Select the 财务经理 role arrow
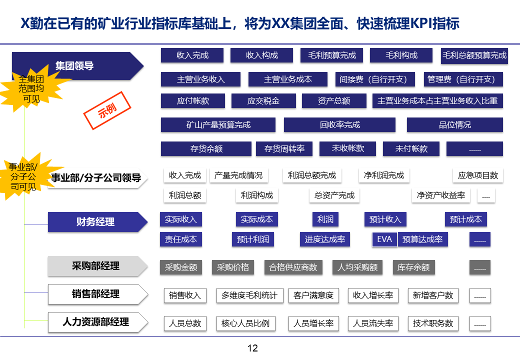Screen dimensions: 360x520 tap(95, 222)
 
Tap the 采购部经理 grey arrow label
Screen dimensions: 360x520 tap(95, 266)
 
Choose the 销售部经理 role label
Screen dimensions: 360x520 tap(95, 294)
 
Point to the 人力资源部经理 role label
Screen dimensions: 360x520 tap(95, 322)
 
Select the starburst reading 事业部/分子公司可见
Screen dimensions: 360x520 tap(23, 177)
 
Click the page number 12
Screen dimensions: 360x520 tap(253, 348)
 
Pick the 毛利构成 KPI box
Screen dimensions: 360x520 tap(401, 55)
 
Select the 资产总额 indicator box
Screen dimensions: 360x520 tap(334, 101)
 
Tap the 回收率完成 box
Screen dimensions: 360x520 tap(339, 125)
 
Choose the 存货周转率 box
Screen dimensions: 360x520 tap(284, 149)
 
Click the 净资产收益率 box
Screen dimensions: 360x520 tap(441, 195)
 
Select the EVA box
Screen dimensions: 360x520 tap(384, 239)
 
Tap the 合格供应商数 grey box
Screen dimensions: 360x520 tap(293, 267)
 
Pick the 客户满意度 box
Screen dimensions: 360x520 tap(313, 295)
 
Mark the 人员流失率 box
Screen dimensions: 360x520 tap(373, 323)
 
